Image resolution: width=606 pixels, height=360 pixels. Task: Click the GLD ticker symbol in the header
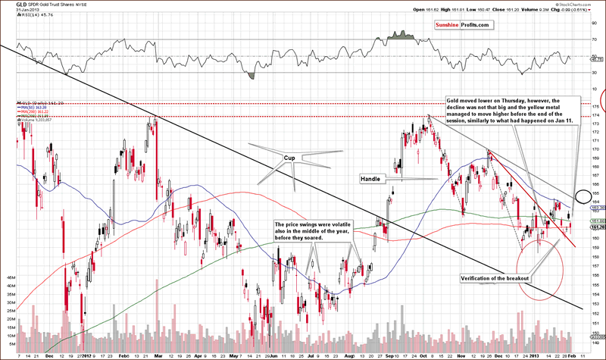(x=9, y=5)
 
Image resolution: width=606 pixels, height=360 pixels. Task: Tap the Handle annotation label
(x=370, y=179)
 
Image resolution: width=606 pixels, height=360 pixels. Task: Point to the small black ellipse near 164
(x=583, y=197)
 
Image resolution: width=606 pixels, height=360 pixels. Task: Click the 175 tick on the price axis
(x=596, y=114)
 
